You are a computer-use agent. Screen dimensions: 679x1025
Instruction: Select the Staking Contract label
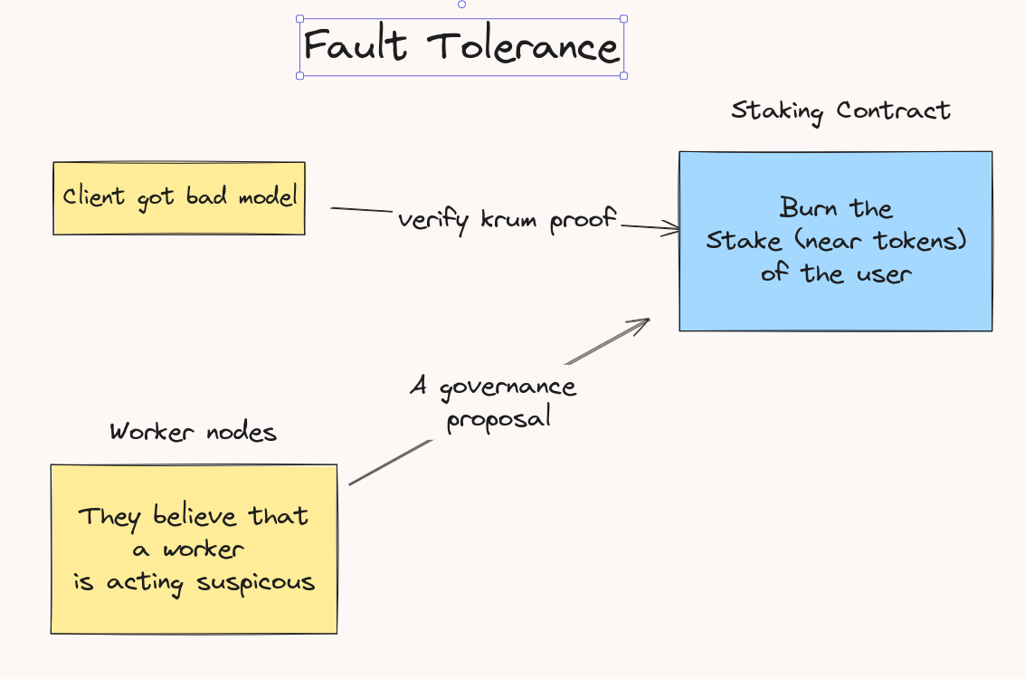[840, 110]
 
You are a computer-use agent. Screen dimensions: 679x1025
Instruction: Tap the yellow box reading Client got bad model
[179, 197]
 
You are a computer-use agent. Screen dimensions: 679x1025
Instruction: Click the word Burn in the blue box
[803, 209]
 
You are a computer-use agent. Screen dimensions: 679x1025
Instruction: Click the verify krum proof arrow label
[507, 219]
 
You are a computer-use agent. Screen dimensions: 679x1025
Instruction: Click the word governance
[507, 387]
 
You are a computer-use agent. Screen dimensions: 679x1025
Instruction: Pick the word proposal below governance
[498, 419]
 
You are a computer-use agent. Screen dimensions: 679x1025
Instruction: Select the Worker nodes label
[193, 432]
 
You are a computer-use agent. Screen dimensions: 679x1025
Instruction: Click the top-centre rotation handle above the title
[461, 5]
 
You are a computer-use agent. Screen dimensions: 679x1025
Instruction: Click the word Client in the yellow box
[93, 197]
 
